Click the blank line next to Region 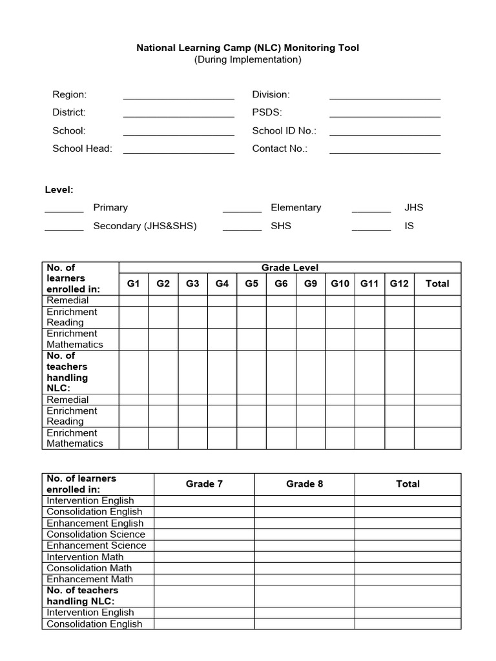coord(178,97)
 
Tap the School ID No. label coord(284,130)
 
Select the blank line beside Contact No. coord(385,151)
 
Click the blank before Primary coord(64,210)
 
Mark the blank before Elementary coord(242,210)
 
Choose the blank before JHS coord(371,210)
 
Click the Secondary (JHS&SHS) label coord(145,226)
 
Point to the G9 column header coord(311,283)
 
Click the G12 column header coord(399,283)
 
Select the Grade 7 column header coord(204,483)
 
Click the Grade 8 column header coord(304,483)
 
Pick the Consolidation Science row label coord(96,534)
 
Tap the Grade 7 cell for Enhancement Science coord(204,545)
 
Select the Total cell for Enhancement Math coord(408,579)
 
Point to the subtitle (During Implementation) coord(248,59)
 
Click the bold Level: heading coord(59,190)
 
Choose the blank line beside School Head coord(178,151)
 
